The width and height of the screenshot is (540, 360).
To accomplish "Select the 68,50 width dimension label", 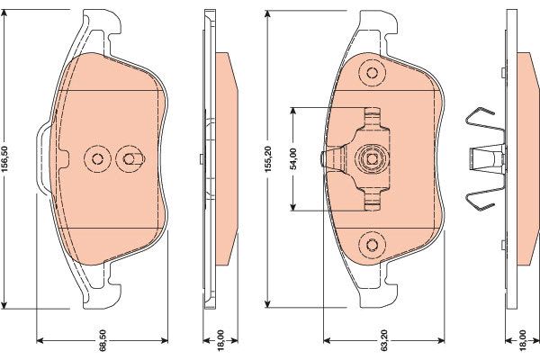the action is [x=103, y=340].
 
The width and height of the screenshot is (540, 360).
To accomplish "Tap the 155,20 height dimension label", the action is [x=268, y=158].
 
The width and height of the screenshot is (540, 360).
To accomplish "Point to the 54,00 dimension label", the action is [x=293, y=158].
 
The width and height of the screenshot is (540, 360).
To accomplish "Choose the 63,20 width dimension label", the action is [x=384, y=340].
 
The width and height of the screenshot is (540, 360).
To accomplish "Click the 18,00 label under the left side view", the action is [x=220, y=340].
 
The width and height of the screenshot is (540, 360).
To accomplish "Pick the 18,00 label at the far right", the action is [x=523, y=340].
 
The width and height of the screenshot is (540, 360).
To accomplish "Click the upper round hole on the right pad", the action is [x=372, y=73].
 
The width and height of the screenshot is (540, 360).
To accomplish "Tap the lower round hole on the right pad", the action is [x=372, y=245].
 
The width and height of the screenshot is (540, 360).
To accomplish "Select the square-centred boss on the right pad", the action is [x=372, y=158].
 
